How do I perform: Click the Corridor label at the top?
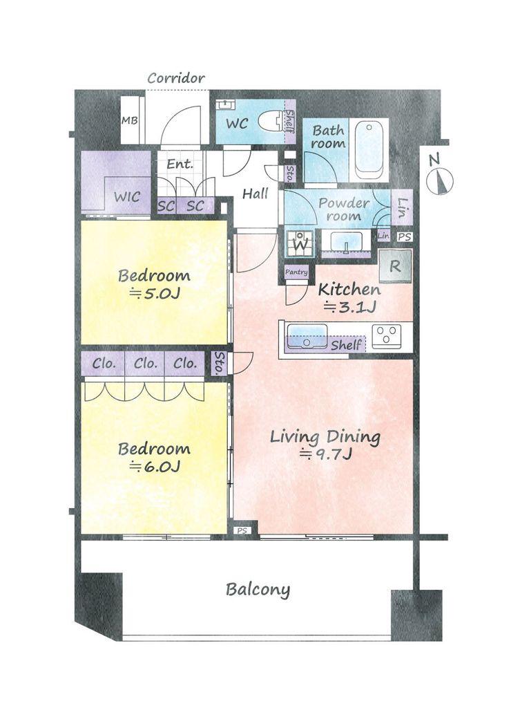click(176, 78)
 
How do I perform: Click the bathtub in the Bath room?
click(369, 150)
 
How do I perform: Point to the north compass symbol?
click(439, 177)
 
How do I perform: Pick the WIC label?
click(127, 197)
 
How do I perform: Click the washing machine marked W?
click(300, 243)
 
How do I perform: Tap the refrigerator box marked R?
click(395, 265)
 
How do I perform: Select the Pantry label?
click(296, 272)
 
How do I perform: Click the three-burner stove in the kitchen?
click(386, 335)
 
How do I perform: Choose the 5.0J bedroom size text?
click(155, 294)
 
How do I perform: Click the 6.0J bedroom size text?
click(155, 466)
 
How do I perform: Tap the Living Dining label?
click(325, 437)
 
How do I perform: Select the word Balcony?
click(258, 590)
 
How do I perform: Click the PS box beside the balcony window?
click(242, 530)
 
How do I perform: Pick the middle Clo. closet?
click(145, 364)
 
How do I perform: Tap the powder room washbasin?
click(345, 241)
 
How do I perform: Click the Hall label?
click(256, 194)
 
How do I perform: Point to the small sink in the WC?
click(225, 105)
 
